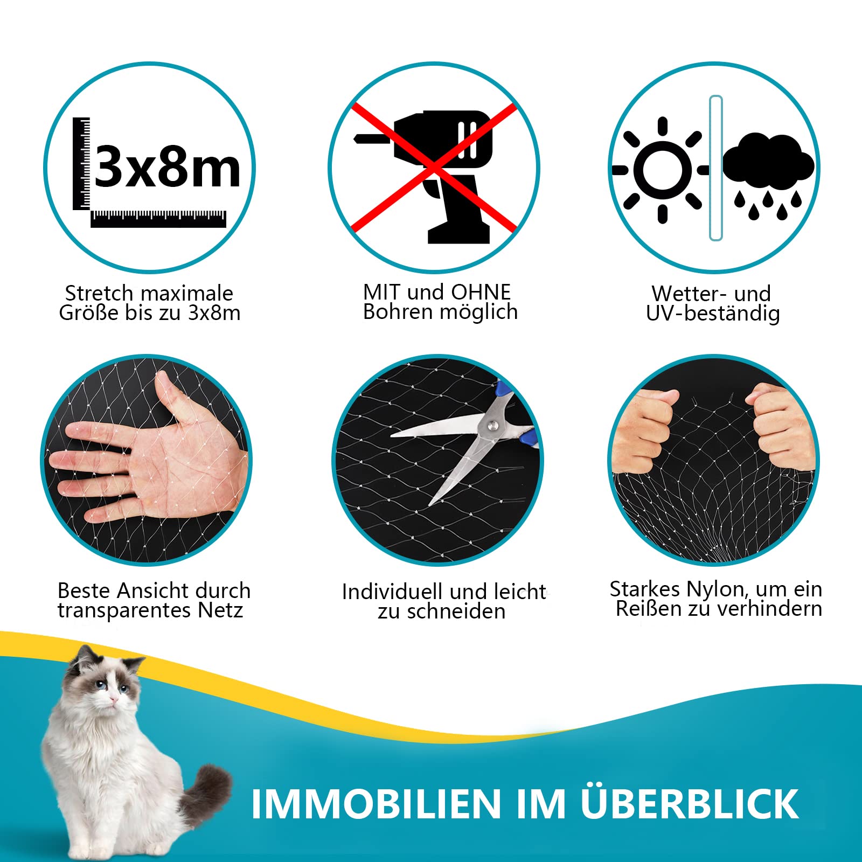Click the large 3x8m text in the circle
168,168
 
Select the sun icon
663,170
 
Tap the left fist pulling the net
644,431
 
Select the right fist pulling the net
781,426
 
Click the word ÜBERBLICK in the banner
690,804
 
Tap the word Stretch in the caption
99,294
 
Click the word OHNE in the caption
481,292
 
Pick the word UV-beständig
713,314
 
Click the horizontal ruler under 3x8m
158,219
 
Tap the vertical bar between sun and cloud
715,168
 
